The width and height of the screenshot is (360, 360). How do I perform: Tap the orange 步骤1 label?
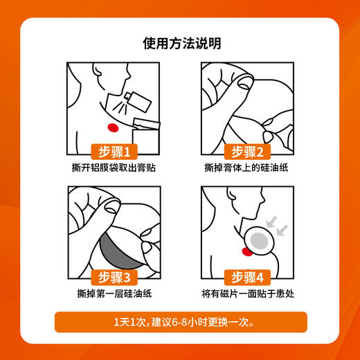115,152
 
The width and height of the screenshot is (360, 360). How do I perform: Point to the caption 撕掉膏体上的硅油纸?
247,168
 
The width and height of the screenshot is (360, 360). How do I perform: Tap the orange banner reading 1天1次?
180,323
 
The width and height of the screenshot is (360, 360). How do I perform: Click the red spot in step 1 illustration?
114,127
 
